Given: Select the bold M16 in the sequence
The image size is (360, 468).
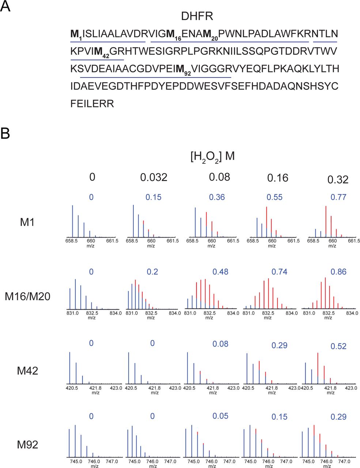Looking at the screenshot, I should (x=174, y=35).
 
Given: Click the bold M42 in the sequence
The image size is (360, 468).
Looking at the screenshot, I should (x=101, y=52).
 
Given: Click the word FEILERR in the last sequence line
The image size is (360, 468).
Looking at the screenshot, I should (x=92, y=104).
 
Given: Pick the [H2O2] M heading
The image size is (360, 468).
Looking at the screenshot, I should (x=212, y=157).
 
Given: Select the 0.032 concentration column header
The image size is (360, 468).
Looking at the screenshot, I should (x=154, y=178).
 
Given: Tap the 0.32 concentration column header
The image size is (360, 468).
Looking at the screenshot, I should (x=337, y=180).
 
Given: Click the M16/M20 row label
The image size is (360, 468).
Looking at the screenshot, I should (x=27, y=297).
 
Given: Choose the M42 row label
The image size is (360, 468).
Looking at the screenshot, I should (x=27, y=371).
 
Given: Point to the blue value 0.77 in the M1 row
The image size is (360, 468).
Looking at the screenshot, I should (x=338, y=197).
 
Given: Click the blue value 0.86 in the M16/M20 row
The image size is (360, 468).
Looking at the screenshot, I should (x=338, y=272).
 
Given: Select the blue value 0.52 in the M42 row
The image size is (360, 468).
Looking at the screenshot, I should (x=338, y=346).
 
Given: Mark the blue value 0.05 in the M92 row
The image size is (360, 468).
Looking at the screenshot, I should (x=220, y=416).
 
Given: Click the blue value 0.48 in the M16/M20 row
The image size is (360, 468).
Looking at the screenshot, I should (x=220, y=272).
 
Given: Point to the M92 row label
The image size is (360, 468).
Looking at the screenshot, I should (x=27, y=445).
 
